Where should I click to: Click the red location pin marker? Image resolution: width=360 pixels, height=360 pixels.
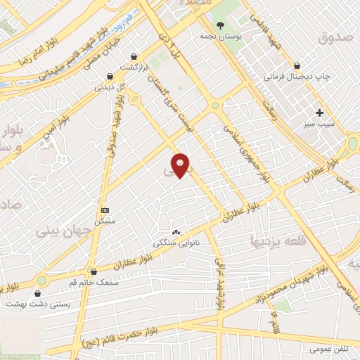180,165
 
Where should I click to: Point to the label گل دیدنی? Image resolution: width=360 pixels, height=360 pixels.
110,88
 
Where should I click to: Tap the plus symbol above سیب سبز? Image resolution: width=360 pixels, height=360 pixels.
320,112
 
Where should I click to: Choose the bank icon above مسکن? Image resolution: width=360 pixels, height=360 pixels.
105,210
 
